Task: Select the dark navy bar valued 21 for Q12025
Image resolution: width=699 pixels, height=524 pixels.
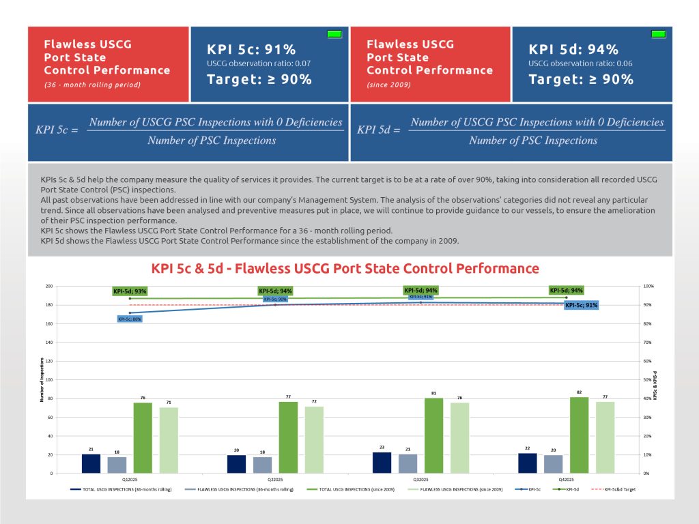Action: click(x=91, y=463)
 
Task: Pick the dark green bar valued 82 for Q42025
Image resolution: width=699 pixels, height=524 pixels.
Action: click(x=579, y=435)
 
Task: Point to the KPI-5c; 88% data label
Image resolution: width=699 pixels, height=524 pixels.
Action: click(x=129, y=319)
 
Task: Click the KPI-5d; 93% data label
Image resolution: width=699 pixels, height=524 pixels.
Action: click(x=130, y=291)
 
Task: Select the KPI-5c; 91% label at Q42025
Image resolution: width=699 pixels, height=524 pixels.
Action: click(x=582, y=305)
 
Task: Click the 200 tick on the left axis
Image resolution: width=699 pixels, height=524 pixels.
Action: click(x=48, y=286)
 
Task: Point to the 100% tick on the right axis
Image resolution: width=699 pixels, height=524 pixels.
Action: click(x=649, y=286)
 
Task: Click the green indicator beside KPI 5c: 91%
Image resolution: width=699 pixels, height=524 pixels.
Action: click(x=334, y=34)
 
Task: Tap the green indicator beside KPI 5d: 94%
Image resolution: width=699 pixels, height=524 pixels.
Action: click(x=658, y=34)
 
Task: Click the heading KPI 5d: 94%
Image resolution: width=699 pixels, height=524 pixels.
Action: click(x=573, y=49)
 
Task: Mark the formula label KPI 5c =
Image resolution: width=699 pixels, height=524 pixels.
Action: click(x=57, y=130)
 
